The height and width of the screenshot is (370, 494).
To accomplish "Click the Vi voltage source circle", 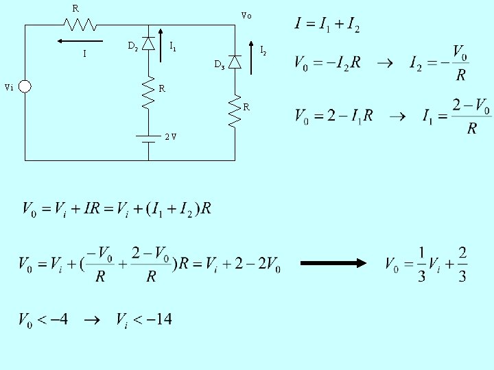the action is (x=25, y=87).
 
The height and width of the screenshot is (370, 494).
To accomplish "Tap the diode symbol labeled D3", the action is (x=235, y=62).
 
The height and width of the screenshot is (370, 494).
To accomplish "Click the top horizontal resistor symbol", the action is (x=80, y=25).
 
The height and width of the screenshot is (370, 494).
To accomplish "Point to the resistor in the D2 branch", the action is (x=148, y=92).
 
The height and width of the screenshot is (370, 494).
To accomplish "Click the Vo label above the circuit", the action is (x=246, y=15).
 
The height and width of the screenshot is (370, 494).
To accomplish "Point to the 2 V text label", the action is (x=171, y=136).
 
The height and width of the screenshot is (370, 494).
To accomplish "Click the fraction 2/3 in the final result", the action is (x=463, y=264).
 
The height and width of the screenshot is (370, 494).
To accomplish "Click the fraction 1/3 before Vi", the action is (x=421, y=264).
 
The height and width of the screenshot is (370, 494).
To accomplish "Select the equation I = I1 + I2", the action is (x=327, y=25).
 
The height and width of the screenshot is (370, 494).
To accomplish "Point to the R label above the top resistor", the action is (x=75, y=8).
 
